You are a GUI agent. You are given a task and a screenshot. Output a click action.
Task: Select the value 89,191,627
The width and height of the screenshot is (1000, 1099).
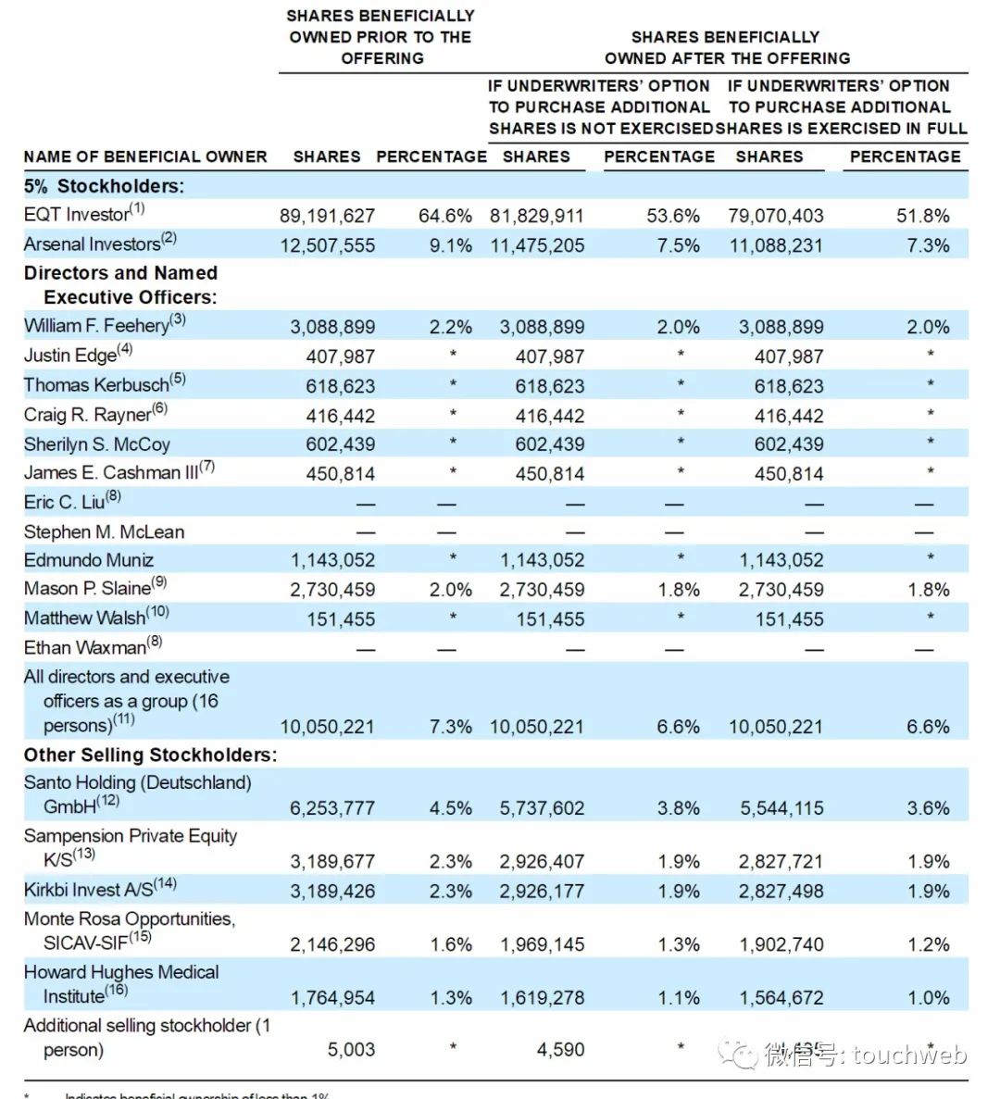[x=327, y=216]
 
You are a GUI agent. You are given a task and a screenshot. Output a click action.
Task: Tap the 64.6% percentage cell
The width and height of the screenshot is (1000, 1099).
[x=444, y=216]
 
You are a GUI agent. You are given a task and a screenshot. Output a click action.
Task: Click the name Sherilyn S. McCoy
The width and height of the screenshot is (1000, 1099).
[x=96, y=444]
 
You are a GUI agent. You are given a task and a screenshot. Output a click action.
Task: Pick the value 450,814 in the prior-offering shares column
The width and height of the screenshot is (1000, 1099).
[x=340, y=474]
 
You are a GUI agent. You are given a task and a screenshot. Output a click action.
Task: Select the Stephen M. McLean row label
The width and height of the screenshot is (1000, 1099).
[x=104, y=531]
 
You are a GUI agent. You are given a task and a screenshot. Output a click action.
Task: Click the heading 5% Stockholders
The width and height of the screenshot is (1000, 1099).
[x=104, y=186]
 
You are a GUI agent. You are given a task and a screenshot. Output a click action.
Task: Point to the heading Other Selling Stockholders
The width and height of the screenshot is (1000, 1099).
[x=150, y=755]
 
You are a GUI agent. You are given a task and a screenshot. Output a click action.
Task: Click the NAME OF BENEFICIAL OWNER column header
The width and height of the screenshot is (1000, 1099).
[x=145, y=156]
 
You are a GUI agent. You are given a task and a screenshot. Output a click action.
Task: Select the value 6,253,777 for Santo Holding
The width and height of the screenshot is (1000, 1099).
[x=331, y=808]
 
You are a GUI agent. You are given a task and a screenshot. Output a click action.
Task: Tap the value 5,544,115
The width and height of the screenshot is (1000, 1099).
[x=781, y=808]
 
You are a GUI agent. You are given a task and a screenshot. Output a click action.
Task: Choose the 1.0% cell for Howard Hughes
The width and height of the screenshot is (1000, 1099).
[x=928, y=998]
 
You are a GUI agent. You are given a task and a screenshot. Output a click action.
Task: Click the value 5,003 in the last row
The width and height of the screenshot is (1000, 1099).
[x=351, y=1050]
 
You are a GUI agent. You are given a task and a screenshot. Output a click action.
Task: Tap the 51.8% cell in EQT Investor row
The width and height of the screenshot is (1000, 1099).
[x=922, y=216]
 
